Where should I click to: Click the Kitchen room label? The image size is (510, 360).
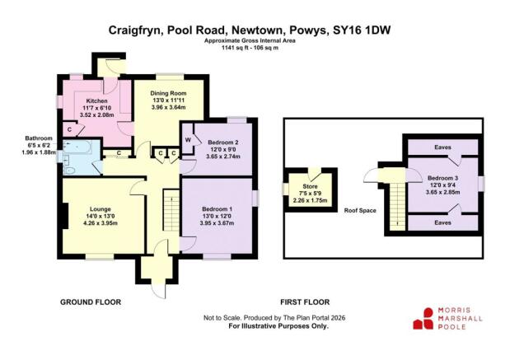coord(97,101)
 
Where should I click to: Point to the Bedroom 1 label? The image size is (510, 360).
coord(218,209)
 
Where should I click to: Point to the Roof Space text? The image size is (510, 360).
coord(359,210)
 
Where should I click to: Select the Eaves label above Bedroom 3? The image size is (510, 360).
coord(443,147)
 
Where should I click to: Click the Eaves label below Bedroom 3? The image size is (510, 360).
coord(443,222)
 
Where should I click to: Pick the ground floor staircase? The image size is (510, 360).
coord(171,212)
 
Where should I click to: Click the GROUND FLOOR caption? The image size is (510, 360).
coord(91,302)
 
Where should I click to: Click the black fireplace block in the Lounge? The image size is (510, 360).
coord(62,216)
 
